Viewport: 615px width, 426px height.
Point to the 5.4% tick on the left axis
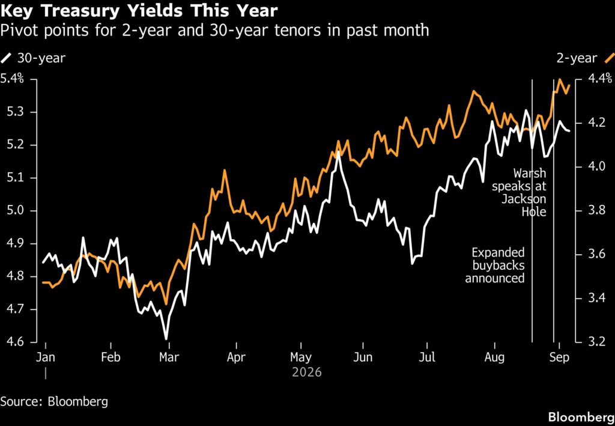coord(12,79)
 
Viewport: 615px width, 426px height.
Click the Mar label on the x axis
coord(169,358)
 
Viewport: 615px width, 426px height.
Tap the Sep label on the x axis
coord(560,358)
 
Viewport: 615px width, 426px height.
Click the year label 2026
coord(307,372)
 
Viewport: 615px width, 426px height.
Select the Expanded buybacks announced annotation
coord(495,265)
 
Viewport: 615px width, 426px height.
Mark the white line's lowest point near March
coord(166,339)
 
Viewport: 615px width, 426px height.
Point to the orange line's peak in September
coord(559,79)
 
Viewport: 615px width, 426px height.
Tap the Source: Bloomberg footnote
coord(54,402)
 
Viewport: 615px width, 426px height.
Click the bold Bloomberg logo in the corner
coord(581,416)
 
